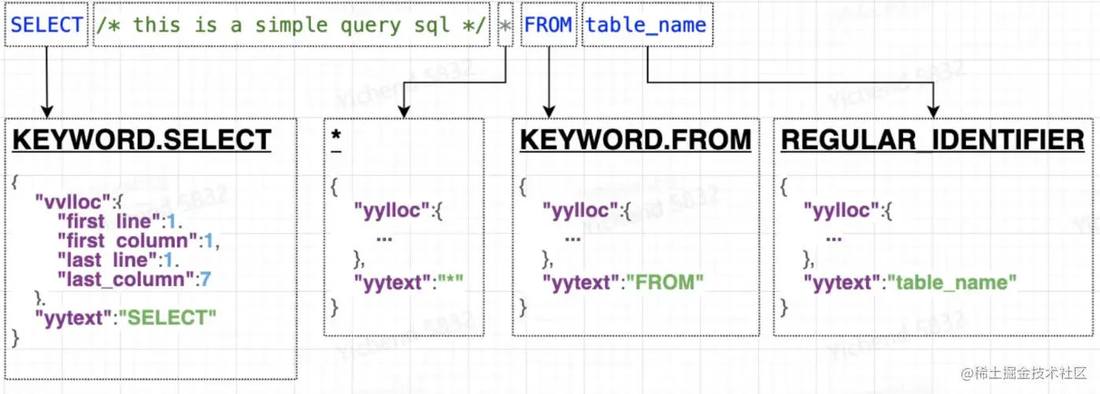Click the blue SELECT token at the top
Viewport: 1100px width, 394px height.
[x=46, y=24]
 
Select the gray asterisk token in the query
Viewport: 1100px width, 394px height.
[x=506, y=25]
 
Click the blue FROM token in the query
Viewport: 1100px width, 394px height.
[x=548, y=24]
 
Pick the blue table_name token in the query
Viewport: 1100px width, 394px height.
[x=646, y=24]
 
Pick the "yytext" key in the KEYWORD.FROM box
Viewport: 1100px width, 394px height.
[x=580, y=282]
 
